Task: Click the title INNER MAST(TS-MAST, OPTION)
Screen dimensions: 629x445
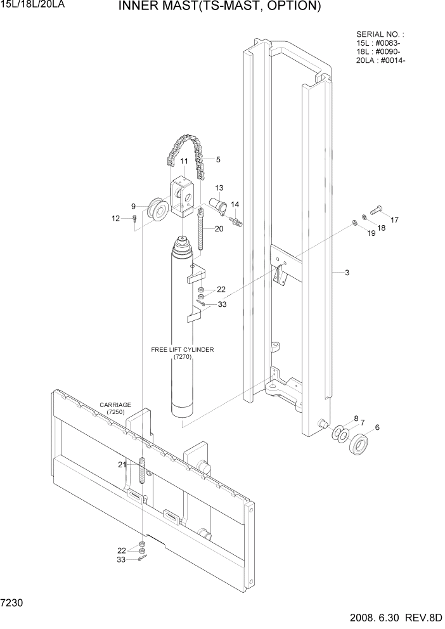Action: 219,7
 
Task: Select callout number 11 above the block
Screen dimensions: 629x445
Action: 183,162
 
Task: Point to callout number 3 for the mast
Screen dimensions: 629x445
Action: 347,273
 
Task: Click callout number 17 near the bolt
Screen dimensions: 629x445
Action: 394,220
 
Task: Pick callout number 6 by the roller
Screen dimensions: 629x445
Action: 378,427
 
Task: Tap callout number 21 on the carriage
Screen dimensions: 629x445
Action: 122,465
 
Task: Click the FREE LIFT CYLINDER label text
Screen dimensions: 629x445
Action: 183,349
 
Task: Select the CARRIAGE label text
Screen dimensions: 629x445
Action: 115,405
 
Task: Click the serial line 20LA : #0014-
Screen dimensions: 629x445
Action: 381,61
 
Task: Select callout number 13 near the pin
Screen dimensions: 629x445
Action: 219,188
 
